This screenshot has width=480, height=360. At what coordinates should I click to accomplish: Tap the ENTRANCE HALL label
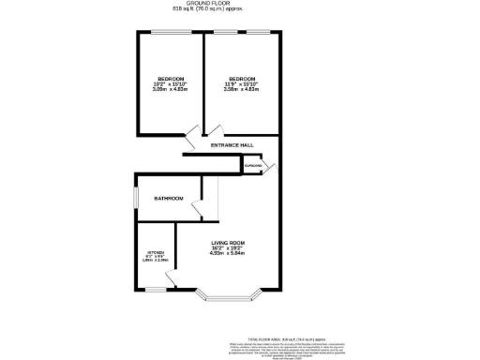tap(232, 146)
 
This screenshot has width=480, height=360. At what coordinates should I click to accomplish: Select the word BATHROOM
tap(169, 198)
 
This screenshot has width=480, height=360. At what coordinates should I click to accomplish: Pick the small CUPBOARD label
tap(252, 165)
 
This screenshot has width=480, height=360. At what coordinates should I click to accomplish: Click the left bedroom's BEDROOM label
tap(171, 78)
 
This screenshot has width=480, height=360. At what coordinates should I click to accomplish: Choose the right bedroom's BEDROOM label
tap(243, 78)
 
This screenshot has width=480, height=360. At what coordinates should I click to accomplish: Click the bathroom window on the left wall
tap(134, 198)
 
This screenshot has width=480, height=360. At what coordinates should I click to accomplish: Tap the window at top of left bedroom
tap(170, 33)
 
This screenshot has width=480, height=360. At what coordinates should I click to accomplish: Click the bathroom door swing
tap(200, 212)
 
